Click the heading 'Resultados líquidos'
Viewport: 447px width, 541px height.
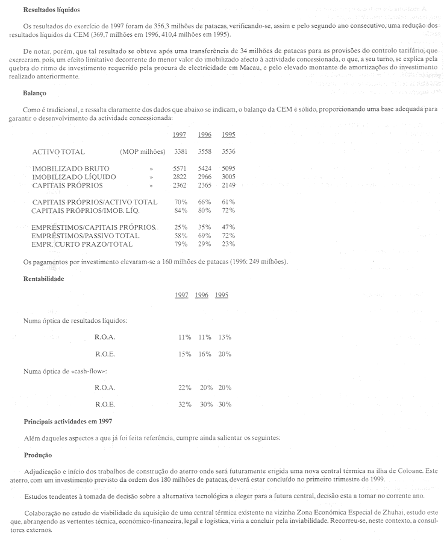[51, 10]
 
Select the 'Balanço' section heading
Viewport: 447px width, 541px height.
[34, 93]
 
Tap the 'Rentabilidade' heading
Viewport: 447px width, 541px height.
[43, 279]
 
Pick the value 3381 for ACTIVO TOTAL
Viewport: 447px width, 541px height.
[181, 152]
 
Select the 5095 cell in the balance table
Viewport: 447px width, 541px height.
[228, 168]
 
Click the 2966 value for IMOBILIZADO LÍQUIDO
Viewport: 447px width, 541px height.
[205, 177]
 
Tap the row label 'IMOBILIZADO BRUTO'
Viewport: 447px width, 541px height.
[71, 168]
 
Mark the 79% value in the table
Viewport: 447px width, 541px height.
[181, 244]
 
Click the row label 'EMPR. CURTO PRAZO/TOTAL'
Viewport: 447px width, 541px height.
[82, 244]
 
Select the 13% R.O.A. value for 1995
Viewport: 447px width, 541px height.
[225, 337]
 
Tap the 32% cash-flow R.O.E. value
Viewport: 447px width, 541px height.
[184, 404]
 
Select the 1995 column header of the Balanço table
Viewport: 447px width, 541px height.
[228, 134]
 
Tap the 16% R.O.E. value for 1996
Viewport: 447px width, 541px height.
[205, 354]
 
